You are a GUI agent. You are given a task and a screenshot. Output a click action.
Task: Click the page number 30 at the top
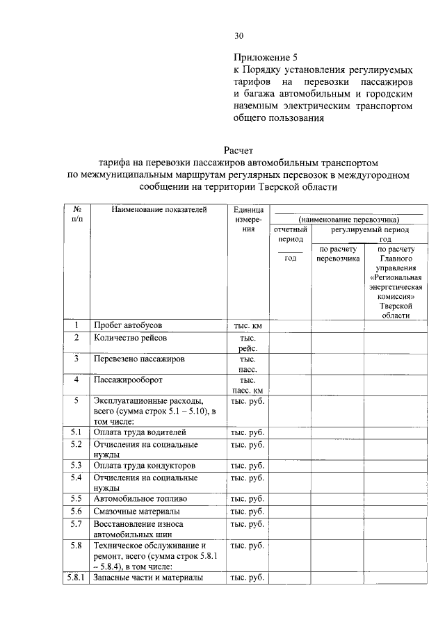[239, 35]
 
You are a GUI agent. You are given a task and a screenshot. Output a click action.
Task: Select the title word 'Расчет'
[239, 149]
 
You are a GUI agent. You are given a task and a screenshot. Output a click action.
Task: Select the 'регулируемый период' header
[369, 229]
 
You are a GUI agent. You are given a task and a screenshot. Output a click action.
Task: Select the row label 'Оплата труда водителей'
[140, 432]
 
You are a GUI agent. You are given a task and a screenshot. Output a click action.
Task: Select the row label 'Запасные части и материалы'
[148, 578]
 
